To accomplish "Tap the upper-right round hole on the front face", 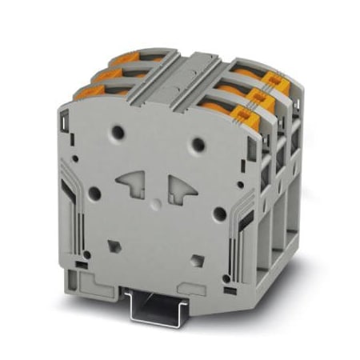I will (198, 145).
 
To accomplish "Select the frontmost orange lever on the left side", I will (90, 94).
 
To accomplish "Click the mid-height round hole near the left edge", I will (94, 193).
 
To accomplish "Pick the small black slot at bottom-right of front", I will (228, 279).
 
